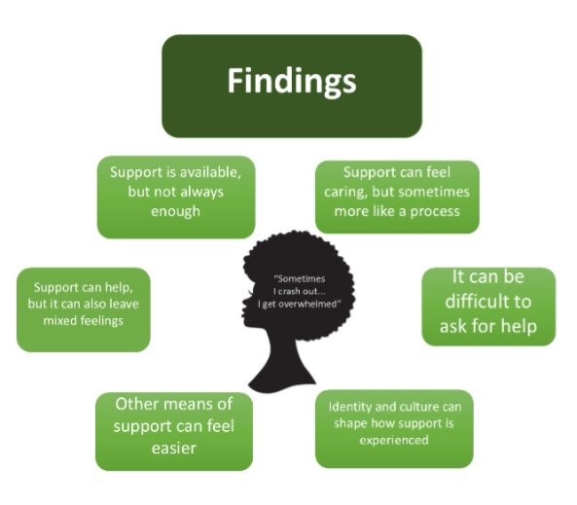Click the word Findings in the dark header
[292, 82]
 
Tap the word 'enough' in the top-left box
[175, 211]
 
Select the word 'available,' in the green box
[209, 172]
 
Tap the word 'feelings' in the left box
[102, 321]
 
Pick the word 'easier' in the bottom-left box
[174, 449]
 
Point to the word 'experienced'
[394, 440]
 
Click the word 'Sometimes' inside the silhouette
[300, 278]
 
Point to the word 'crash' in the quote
[288, 292]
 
